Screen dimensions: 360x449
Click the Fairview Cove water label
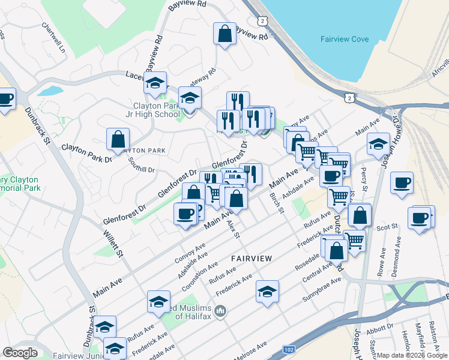point(344,40)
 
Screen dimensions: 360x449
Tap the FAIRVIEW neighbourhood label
point(252,258)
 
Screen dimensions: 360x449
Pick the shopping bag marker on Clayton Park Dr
point(118,139)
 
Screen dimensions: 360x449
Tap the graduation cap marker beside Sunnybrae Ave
point(267,292)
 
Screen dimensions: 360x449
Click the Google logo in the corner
point(20,353)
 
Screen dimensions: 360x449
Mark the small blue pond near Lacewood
point(50,91)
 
